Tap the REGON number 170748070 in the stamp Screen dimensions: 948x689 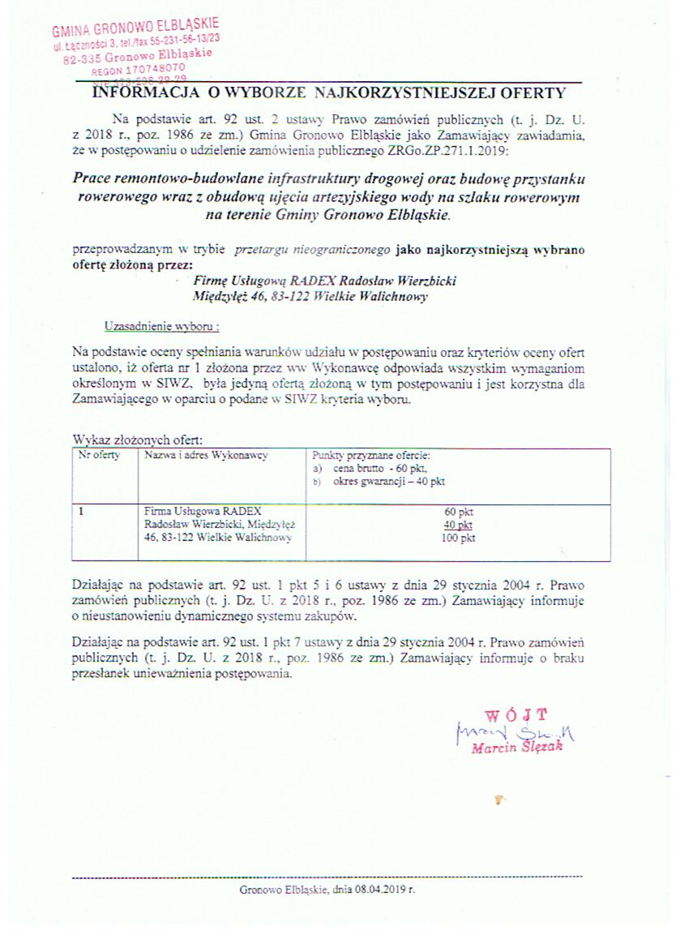145,70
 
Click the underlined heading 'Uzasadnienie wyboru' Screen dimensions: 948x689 162,326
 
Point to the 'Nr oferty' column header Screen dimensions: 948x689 99,456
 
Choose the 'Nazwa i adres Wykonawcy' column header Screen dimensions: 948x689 206,456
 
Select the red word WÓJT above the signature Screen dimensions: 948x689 516,715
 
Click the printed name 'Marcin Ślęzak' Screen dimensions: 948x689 516,748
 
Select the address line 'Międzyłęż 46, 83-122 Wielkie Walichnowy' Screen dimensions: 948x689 310,297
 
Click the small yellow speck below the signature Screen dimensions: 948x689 499,800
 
